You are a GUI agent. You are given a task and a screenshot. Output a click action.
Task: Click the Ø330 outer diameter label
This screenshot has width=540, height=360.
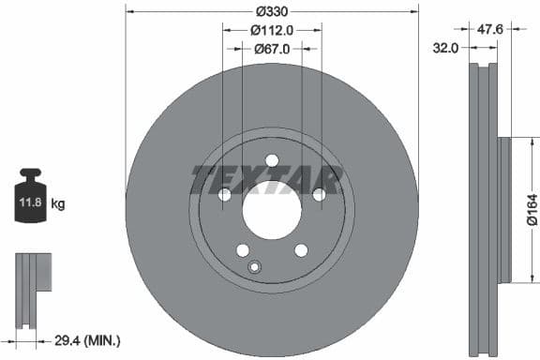pos(272,11)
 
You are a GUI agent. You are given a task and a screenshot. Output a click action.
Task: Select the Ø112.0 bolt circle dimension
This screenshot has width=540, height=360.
pos(272,30)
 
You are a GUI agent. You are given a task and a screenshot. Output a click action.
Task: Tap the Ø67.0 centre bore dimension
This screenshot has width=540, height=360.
pos(272,48)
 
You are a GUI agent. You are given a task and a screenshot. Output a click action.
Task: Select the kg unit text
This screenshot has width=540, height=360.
pos(58,202)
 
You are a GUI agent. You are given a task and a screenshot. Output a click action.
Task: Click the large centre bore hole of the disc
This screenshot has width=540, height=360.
pos(272,209)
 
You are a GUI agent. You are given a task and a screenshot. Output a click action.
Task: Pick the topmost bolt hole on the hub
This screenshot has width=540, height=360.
pos(272,159)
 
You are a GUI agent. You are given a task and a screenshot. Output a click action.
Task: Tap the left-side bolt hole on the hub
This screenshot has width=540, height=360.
pos(225,194)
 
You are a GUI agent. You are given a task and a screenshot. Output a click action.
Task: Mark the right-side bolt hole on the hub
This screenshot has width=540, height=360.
pos(319,194)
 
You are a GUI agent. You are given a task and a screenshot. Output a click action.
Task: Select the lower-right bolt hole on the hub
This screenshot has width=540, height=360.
pos(301,249)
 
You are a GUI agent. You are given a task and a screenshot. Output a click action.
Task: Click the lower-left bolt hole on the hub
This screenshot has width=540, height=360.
pos(243,249)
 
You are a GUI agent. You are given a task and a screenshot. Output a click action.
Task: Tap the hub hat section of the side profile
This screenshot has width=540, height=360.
pos(504,210)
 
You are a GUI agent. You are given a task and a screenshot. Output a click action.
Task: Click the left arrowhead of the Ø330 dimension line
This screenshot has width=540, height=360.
pos(128,11)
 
